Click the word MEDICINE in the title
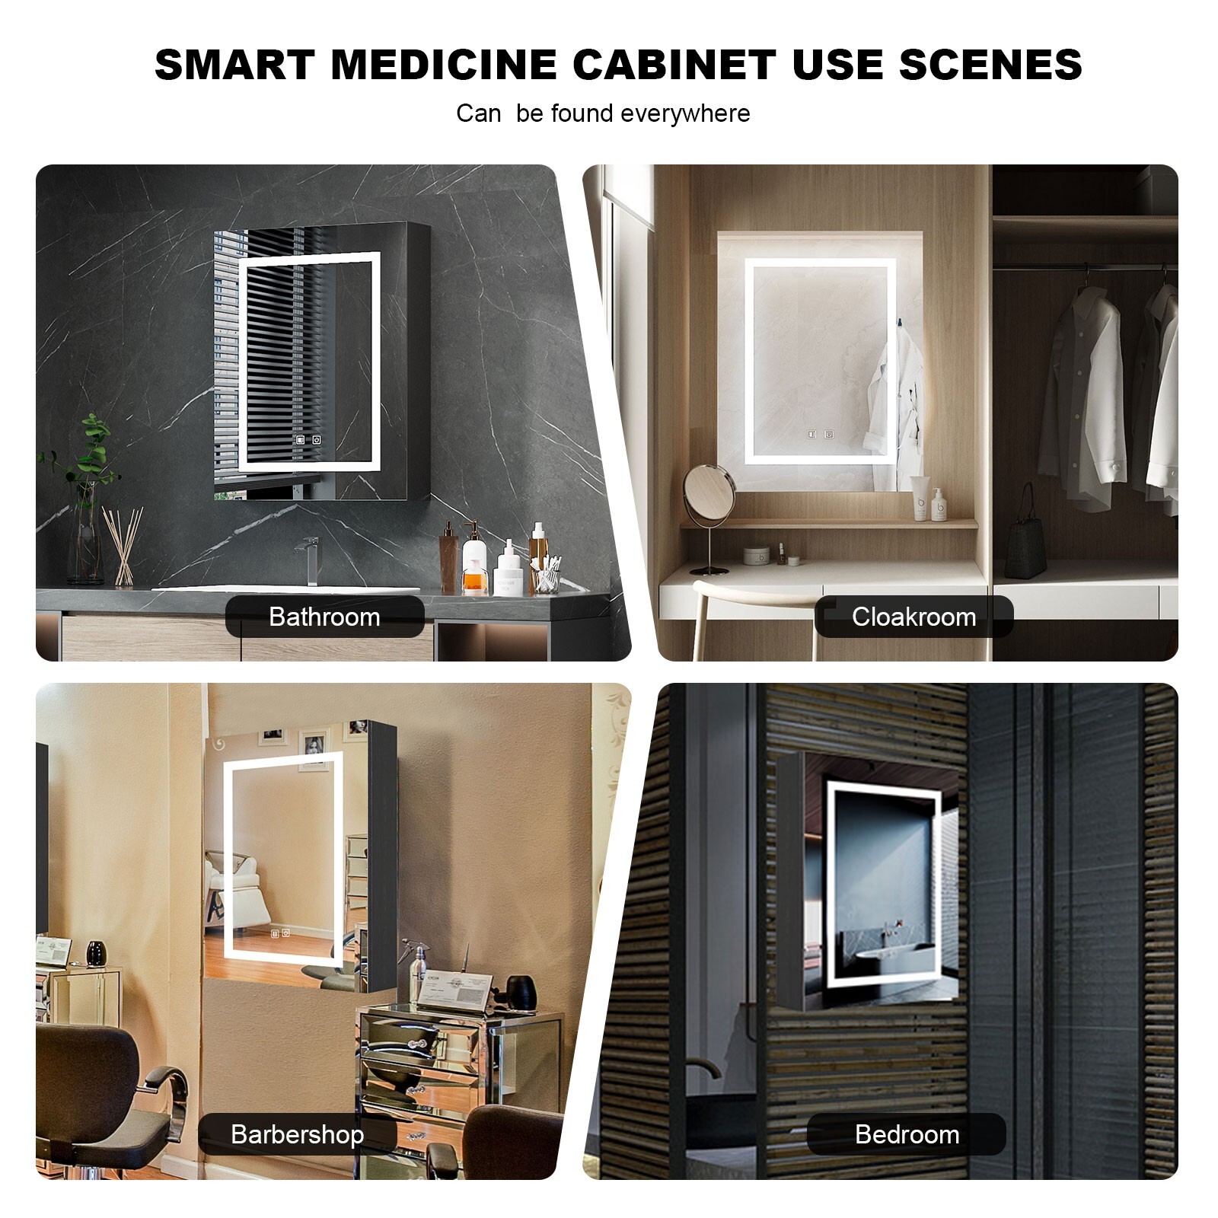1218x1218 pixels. (443, 65)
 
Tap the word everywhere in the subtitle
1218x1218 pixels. (685, 113)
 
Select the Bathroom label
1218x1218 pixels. (324, 617)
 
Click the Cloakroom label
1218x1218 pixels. (913, 617)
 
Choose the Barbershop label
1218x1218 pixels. (297, 1134)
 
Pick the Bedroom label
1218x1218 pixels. (907, 1134)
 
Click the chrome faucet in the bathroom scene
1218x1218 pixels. (308, 560)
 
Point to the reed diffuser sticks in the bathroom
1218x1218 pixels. (123, 544)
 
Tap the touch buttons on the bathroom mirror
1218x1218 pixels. (308, 439)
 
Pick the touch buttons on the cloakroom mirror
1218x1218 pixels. (820, 435)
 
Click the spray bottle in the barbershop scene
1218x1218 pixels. (417, 971)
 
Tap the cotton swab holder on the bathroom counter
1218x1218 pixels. (546, 577)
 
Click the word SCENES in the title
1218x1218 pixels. (990, 65)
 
